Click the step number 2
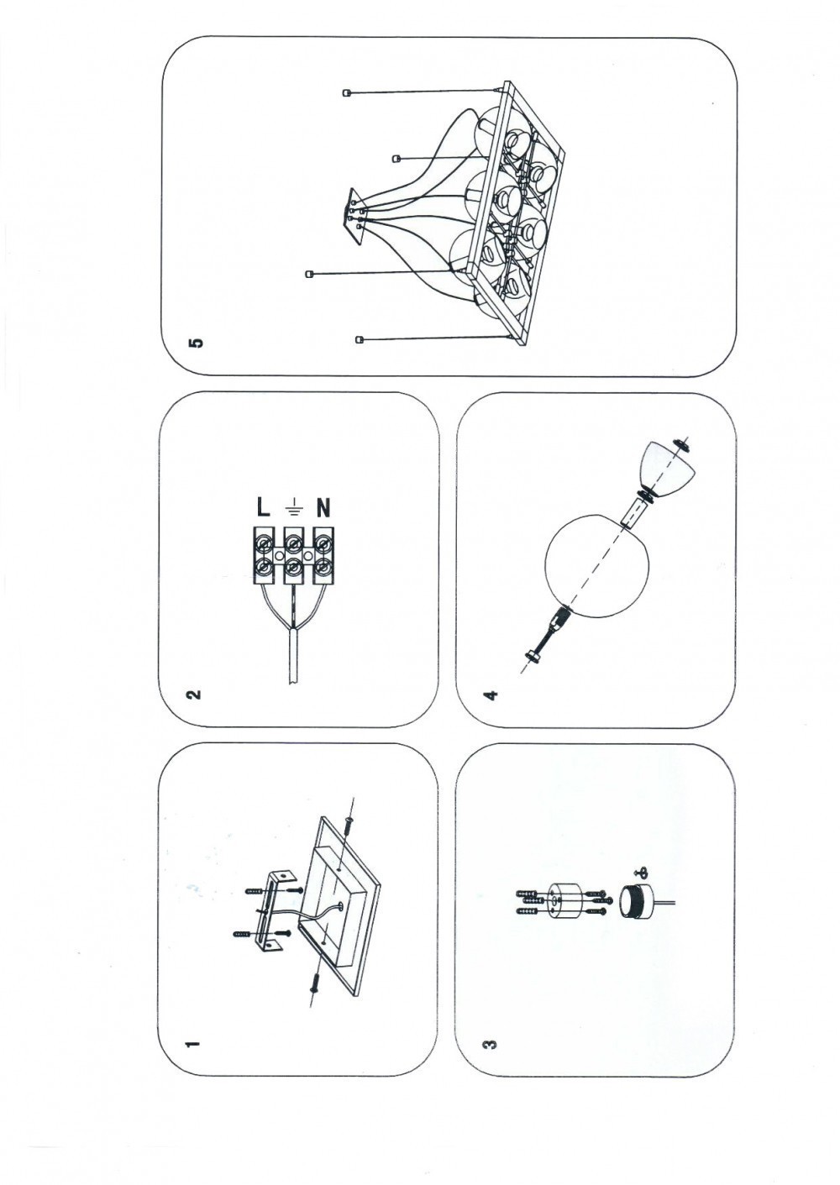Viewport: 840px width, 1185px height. click(x=193, y=694)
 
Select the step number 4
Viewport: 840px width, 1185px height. click(x=491, y=694)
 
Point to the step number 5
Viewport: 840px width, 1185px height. click(x=197, y=343)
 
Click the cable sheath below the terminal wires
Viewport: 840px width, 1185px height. click(x=292, y=656)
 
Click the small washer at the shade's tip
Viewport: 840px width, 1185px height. click(x=680, y=446)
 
